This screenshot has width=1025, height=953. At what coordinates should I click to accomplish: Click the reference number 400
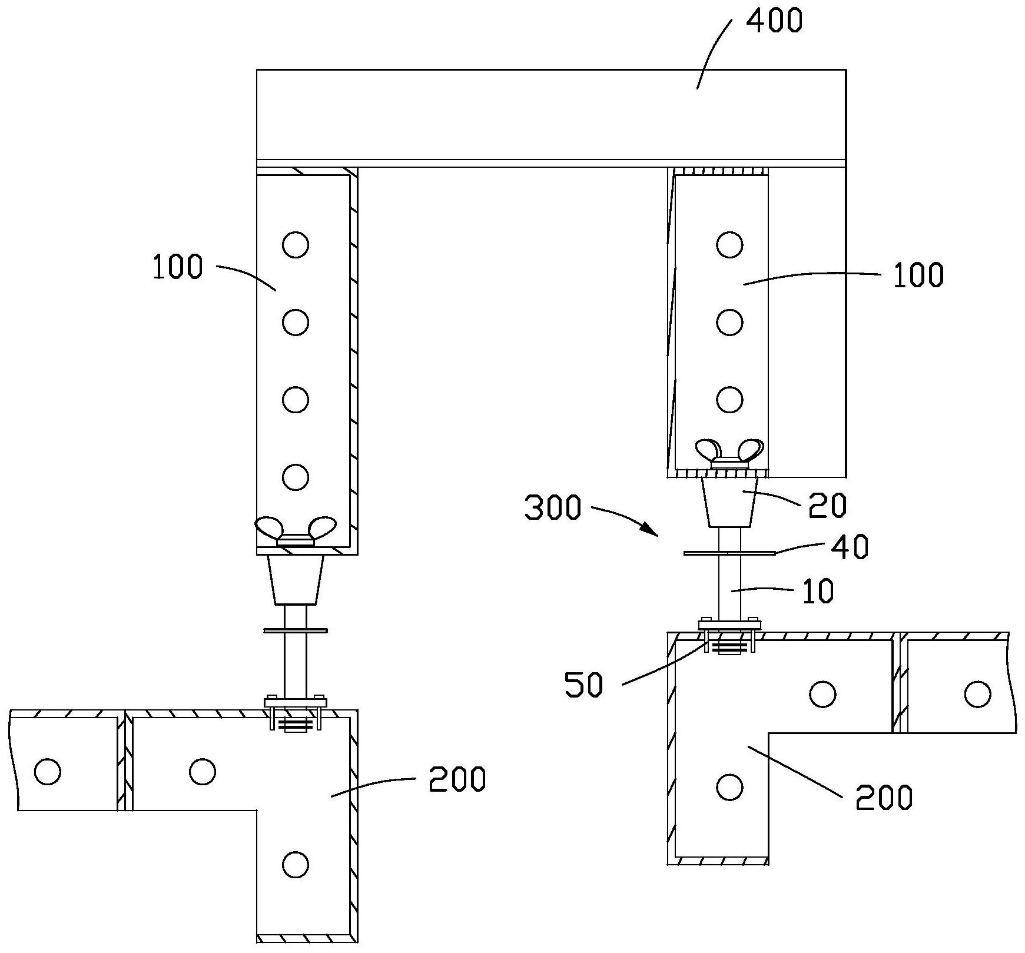click(774, 22)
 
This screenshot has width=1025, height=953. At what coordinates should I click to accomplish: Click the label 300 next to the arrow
click(552, 509)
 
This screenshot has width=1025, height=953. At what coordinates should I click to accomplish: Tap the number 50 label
click(584, 686)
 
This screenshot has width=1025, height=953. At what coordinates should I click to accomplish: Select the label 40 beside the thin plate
click(850, 547)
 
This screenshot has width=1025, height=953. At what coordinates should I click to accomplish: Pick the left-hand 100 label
click(177, 267)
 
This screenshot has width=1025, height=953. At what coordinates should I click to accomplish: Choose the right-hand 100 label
click(918, 275)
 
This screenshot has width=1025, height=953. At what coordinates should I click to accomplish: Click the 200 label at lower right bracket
click(884, 798)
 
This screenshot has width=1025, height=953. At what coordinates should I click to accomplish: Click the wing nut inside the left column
click(296, 532)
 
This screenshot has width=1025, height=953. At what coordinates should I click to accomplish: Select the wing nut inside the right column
click(729, 453)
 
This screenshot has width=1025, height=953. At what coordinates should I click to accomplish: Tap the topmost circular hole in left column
click(296, 244)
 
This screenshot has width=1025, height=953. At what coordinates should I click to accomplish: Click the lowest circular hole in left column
click(296, 477)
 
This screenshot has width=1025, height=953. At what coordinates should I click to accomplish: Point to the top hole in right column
click(730, 244)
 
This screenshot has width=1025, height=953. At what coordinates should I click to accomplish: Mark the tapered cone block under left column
click(296, 580)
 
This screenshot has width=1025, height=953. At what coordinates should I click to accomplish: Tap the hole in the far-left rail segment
click(48, 771)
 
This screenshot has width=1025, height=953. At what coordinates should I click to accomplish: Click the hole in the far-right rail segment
click(977, 694)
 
